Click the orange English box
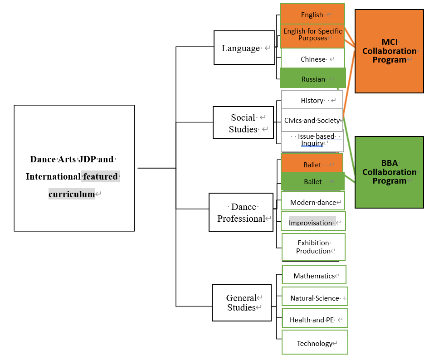click(312, 14)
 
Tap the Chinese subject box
click(313, 58)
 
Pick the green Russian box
click(313, 78)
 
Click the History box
click(312, 100)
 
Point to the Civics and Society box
click(312, 120)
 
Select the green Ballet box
click(312, 181)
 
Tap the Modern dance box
click(313, 202)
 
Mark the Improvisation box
click(313, 222)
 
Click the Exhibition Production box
click(313, 247)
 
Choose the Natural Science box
click(315, 297)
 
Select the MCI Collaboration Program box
click(389, 51)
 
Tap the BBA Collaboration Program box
click(389, 172)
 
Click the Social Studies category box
click(243, 123)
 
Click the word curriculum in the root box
click(72, 194)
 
